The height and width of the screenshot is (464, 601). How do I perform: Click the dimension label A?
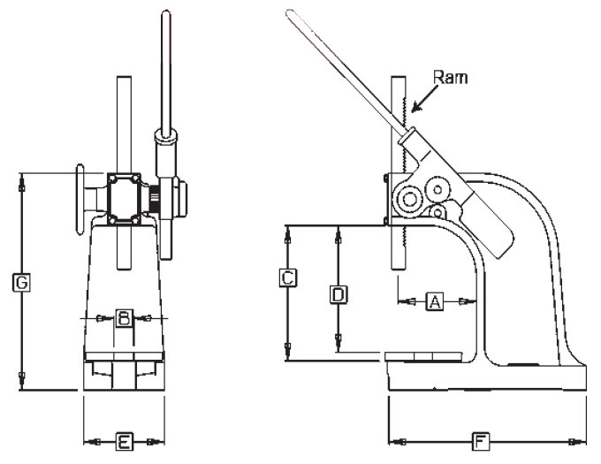[x=434, y=301]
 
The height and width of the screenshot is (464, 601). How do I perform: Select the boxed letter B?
[x=125, y=317]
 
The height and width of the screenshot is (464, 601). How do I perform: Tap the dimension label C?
[x=287, y=278]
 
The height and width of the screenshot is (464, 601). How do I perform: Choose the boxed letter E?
[x=125, y=440]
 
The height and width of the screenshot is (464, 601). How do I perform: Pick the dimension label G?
[x=22, y=283]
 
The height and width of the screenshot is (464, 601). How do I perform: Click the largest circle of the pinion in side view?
[x=408, y=201]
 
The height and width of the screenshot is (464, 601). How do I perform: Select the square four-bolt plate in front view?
[x=125, y=196]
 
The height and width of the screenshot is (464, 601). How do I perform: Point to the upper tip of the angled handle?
[x=289, y=12]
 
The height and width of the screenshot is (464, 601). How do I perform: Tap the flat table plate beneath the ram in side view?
[x=430, y=356]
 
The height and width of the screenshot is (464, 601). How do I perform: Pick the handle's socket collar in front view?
[x=165, y=137]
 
